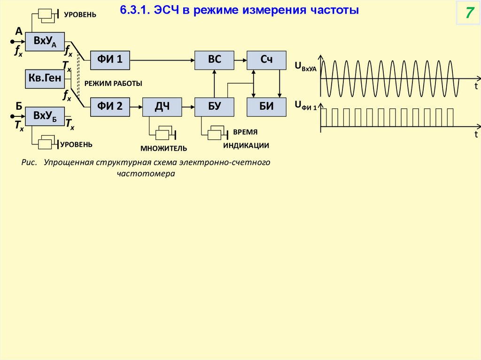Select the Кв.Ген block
[x=45, y=79]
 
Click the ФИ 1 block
[x=110, y=59]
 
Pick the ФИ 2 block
[x=110, y=107]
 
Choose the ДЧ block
[x=162, y=107]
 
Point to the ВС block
[x=215, y=59]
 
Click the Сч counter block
[x=266, y=59]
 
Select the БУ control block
[x=215, y=107]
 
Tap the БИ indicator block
[x=266, y=107]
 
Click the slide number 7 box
[x=468, y=13]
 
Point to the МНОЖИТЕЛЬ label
[x=163, y=148]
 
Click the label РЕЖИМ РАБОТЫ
[x=113, y=83]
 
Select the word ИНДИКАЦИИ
[x=246, y=146]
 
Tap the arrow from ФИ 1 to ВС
[x=162, y=59]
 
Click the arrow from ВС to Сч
[x=240, y=59]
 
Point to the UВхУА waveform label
[x=306, y=67]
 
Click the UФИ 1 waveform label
[x=306, y=106]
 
